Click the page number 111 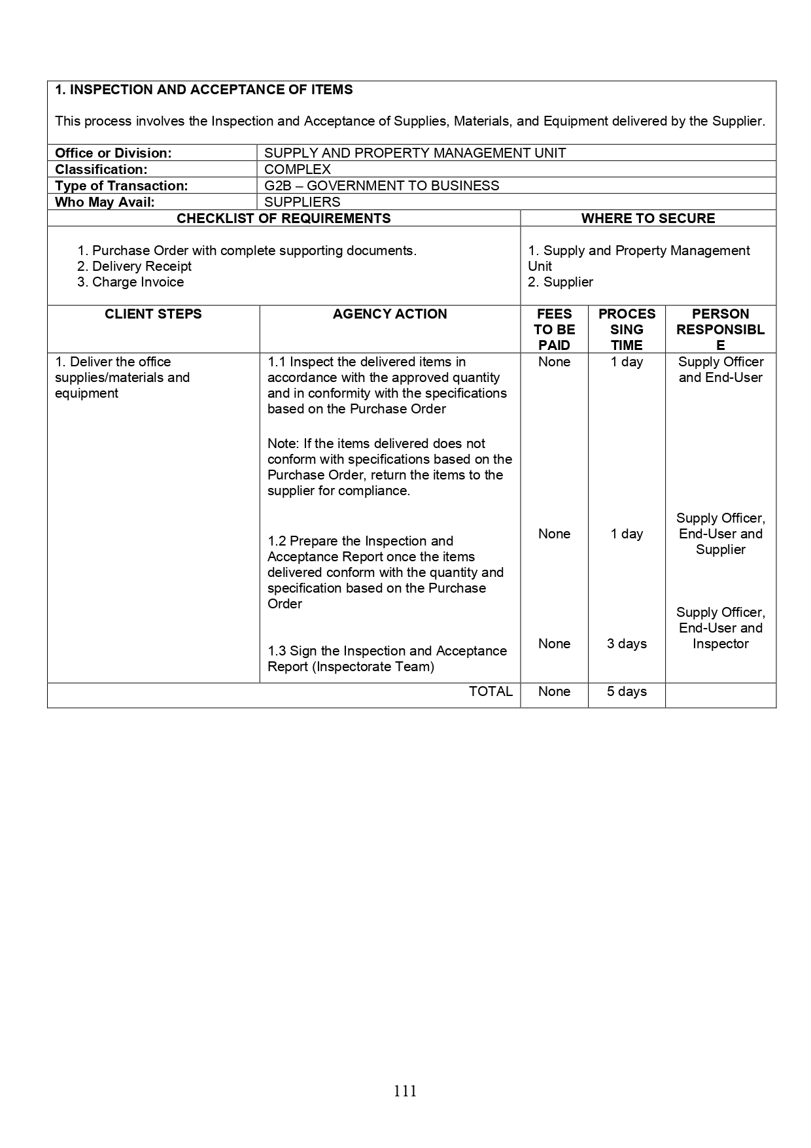pyautogui.click(x=405, y=1090)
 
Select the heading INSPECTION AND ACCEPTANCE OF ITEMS pyautogui.click(x=203, y=90)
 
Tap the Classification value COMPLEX pyautogui.click(x=298, y=169)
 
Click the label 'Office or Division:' pyautogui.click(x=113, y=153)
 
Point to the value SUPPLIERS pyautogui.click(x=302, y=202)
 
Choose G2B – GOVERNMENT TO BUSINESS pyautogui.click(x=381, y=186)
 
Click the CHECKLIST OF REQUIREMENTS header pyautogui.click(x=284, y=218)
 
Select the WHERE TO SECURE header pyautogui.click(x=647, y=218)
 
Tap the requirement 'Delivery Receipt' pyautogui.click(x=141, y=266)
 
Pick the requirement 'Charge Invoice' pyautogui.click(x=137, y=282)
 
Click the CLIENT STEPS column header pyautogui.click(x=153, y=314)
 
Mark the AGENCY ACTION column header pyautogui.click(x=390, y=314)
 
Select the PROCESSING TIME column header pyautogui.click(x=627, y=330)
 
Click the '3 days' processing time pyautogui.click(x=627, y=644)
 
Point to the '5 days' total pyautogui.click(x=627, y=691)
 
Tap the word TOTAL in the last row pyautogui.click(x=491, y=691)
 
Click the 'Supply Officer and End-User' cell pyautogui.click(x=721, y=370)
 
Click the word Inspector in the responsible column pyautogui.click(x=721, y=644)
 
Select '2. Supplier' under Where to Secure pyautogui.click(x=561, y=282)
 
